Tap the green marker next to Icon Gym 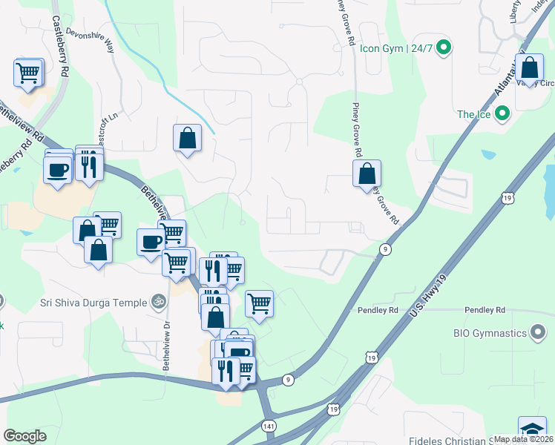tap(444, 49)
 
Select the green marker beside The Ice tap(502, 114)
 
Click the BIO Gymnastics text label tap(487, 332)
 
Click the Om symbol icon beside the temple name tap(157, 302)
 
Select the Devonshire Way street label tap(91, 38)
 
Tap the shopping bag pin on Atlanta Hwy tap(530, 69)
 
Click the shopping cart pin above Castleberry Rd tap(27, 73)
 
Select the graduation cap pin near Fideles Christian tap(531, 430)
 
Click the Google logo tap(24, 436)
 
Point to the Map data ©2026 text tap(524, 439)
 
